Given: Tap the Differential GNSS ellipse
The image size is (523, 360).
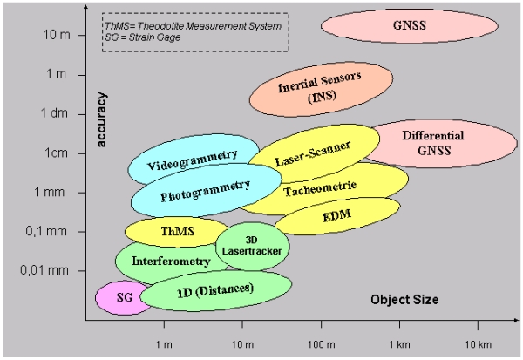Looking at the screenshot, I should [432, 142].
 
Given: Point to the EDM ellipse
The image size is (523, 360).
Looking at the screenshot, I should [337, 214].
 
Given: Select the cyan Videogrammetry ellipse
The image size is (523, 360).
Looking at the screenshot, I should [192, 160].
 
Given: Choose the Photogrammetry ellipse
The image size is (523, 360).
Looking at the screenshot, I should [204, 192].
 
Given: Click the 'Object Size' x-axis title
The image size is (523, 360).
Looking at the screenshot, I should [404, 299].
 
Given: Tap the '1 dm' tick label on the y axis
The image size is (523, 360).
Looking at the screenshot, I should [53, 113].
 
